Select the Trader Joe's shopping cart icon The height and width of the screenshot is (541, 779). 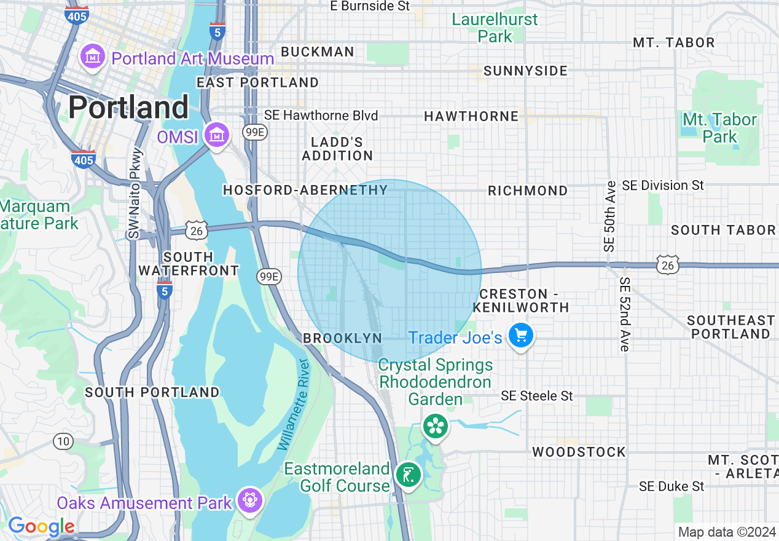522,336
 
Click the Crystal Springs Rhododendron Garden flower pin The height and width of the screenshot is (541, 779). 436,425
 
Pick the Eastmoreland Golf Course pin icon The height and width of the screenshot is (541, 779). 409,475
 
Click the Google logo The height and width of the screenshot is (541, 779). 41,526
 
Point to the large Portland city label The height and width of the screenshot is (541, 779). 128,108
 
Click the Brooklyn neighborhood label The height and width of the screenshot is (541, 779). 342,338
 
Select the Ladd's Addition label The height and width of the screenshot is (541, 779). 337,149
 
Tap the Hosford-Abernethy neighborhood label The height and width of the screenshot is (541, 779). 305,191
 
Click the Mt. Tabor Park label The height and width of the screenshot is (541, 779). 719,128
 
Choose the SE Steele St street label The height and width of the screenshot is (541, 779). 536,396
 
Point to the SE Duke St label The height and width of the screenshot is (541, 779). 671,486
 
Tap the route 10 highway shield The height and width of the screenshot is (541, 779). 63,441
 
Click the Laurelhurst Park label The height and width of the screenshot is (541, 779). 495,28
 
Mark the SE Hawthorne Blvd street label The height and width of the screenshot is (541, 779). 321,116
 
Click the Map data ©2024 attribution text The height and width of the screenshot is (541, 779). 727,532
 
